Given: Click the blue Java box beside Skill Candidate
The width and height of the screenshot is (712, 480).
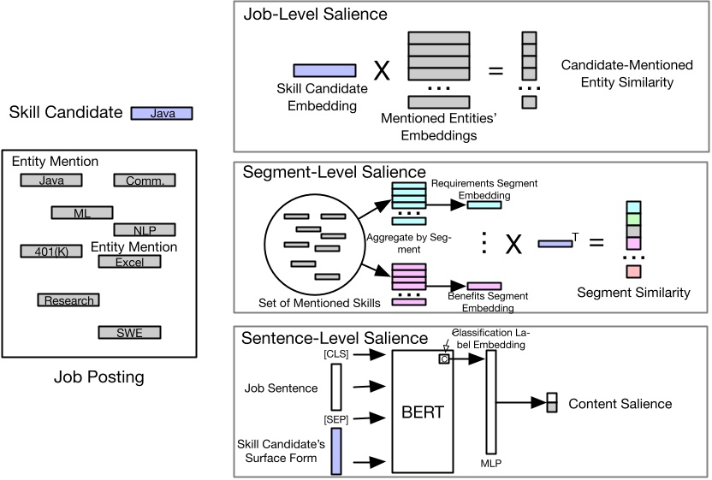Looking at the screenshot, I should (x=162, y=113).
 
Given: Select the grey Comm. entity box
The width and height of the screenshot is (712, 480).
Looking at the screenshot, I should (x=145, y=181).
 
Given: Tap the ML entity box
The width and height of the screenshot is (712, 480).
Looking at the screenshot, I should (x=82, y=212).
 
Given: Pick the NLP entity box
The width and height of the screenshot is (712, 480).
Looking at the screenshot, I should (x=145, y=229).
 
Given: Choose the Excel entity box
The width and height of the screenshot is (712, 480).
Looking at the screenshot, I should (x=129, y=262).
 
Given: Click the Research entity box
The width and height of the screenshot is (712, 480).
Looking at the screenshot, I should (x=67, y=300).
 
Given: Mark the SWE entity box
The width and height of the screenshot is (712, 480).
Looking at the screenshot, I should (x=129, y=333).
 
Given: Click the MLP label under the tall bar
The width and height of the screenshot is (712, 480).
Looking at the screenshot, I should (x=490, y=463).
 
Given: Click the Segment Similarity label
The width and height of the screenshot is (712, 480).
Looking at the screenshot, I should (x=633, y=293).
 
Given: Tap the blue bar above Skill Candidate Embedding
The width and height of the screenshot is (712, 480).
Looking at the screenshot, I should (x=325, y=70).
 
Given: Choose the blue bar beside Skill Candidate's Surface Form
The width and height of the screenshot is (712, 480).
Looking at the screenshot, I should (x=335, y=451).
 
